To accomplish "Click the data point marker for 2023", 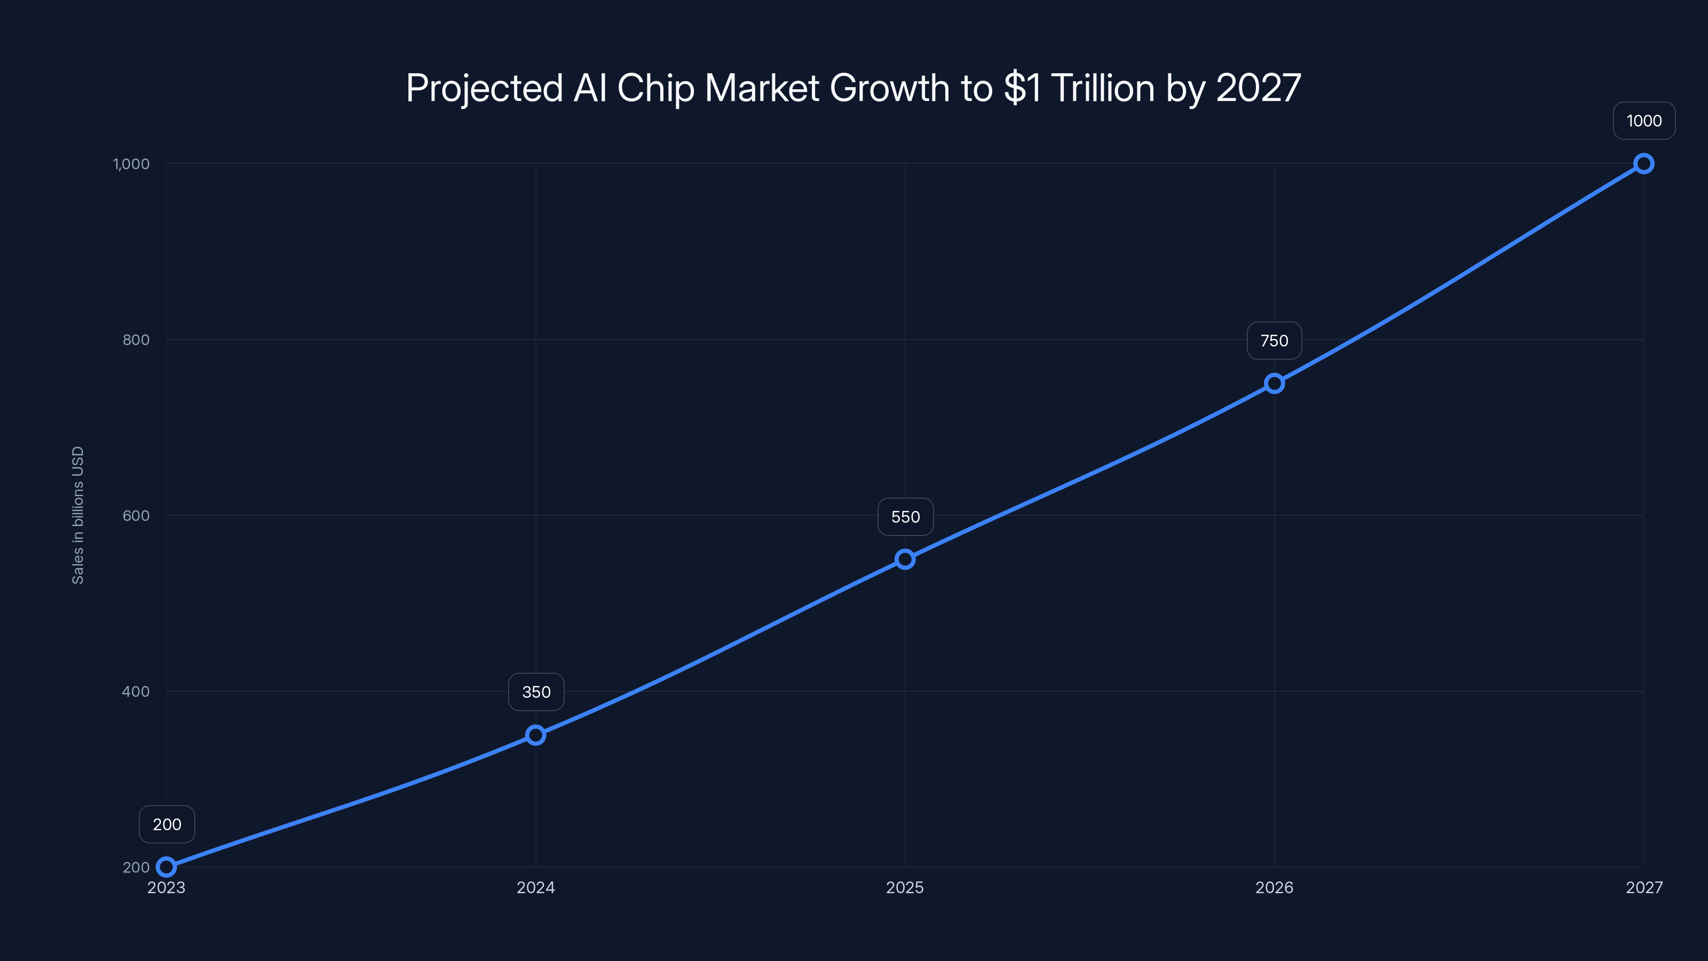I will click(x=167, y=867).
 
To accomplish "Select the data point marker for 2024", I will click(x=536, y=735).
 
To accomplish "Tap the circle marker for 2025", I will click(x=905, y=559).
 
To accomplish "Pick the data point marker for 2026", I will click(x=1275, y=383).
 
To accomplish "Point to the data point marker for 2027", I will click(x=1644, y=164).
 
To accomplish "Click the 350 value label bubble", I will click(x=536, y=692).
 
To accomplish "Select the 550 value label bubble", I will click(x=905, y=517).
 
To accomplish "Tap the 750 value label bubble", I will click(x=1275, y=341).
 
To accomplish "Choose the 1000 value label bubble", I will click(x=1644, y=121).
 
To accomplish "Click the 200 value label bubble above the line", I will click(x=167, y=824).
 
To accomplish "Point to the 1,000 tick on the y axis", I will click(x=131, y=164).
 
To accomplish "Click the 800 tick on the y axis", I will click(x=136, y=340).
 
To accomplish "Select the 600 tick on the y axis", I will click(x=136, y=515).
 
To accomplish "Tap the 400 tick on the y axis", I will click(x=136, y=691).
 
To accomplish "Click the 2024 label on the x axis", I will click(x=536, y=887).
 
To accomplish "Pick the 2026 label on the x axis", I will click(x=1275, y=887).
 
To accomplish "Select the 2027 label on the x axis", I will click(x=1644, y=887).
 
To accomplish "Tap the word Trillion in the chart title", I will click(x=1103, y=88).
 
